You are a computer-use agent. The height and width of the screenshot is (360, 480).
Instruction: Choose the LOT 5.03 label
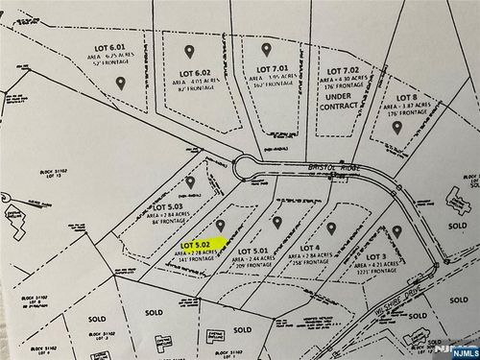[168, 205]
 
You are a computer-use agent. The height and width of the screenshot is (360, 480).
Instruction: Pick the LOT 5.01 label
[251, 251]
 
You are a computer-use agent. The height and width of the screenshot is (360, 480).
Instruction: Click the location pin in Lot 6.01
[121, 84]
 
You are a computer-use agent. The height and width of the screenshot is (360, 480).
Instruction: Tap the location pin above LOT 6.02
[189, 51]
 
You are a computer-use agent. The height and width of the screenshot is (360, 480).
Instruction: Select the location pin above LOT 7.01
[266, 49]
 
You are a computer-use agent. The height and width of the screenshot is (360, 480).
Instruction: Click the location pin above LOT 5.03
[190, 181]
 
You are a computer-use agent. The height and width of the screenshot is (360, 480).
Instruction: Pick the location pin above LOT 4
[331, 228]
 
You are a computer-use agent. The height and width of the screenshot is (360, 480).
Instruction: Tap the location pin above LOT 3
[396, 231]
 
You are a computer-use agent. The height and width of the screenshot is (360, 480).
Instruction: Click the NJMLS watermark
[457, 351]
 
